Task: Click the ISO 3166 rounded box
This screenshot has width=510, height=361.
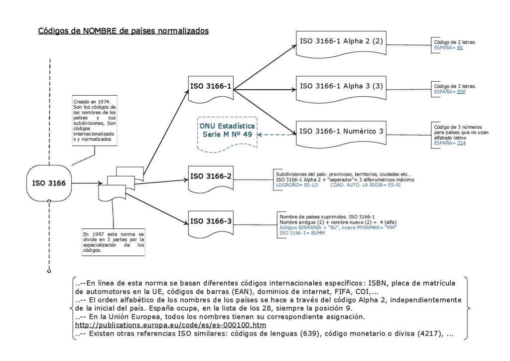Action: coord(49,183)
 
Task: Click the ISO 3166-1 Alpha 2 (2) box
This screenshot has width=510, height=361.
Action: coord(341,41)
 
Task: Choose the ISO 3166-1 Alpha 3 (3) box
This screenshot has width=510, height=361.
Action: coord(341,86)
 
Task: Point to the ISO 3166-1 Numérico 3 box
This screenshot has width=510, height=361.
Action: coord(341,131)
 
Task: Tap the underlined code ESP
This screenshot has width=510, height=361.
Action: coord(461,92)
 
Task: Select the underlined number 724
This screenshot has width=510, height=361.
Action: coord(462,143)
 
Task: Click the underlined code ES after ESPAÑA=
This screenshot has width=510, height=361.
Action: coord(460,47)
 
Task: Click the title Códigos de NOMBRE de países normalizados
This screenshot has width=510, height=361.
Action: coord(124,31)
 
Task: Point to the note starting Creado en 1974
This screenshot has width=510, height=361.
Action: coord(95,119)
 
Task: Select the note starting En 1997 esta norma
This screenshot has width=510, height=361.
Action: coord(114,242)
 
